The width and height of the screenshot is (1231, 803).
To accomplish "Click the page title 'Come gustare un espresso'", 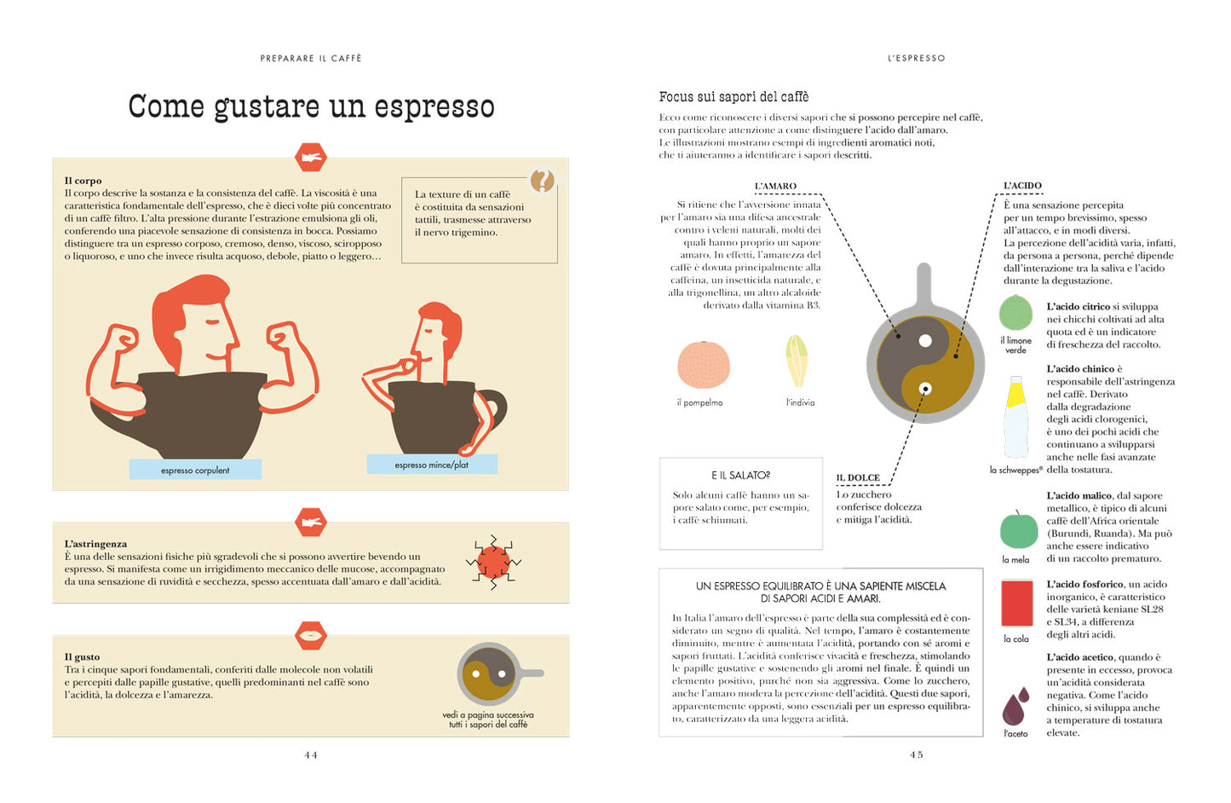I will tap(311, 107).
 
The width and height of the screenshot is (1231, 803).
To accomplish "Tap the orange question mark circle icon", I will tap(542, 180).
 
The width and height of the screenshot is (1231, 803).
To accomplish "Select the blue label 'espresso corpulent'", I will tap(195, 470).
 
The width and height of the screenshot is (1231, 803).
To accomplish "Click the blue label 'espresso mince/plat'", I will tap(432, 465).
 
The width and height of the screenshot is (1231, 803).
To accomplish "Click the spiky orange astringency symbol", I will tap(493, 563).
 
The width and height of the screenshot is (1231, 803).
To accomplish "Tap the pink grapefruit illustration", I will tap(704, 366).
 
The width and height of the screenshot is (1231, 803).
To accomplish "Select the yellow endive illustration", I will tap(797, 361).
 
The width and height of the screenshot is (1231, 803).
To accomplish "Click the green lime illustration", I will tap(1016, 313).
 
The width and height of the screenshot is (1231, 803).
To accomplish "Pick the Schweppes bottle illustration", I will tap(1015, 419).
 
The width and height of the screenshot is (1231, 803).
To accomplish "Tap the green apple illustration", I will tap(1018, 530).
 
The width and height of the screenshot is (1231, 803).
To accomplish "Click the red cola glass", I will tap(1016, 604).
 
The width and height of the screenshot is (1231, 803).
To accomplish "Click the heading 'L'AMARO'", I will tap(775, 186).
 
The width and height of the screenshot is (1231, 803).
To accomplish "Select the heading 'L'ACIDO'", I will tap(1022, 186).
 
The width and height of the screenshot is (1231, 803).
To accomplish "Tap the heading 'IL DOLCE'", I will tap(858, 478).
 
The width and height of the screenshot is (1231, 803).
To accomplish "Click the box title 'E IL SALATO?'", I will tap(740, 476).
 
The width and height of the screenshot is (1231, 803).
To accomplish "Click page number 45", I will tap(917, 754).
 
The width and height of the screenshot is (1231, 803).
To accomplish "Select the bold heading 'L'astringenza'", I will tap(95, 544).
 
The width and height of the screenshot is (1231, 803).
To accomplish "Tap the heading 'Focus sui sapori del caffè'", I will tap(733, 97).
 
